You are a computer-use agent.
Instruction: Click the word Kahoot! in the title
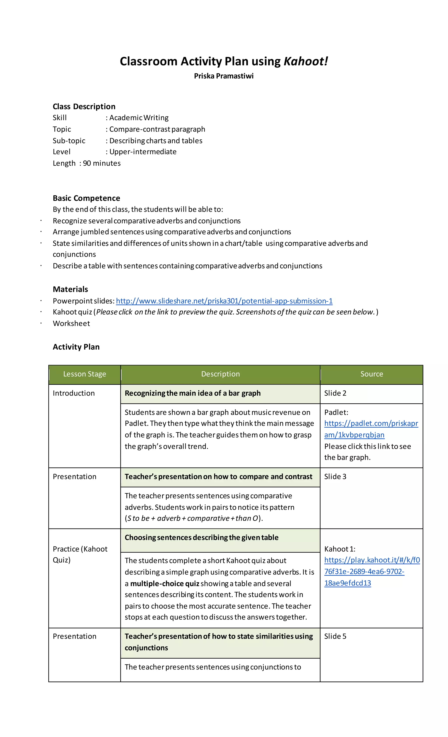tap(305, 61)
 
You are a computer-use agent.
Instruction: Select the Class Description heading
tap(84, 106)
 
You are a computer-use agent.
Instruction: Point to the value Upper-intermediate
tap(143, 152)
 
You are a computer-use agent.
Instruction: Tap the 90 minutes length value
tap(101, 163)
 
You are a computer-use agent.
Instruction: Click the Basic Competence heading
tap(86, 198)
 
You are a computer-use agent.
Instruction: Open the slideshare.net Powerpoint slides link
tap(224, 301)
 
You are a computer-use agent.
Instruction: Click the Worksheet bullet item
tap(71, 323)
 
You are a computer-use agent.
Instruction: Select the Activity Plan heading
tap(76, 347)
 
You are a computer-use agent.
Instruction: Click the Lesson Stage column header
tap(84, 374)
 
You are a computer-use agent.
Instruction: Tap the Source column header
tap(371, 374)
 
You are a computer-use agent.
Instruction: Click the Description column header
tap(220, 374)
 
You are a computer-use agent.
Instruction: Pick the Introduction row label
tap(74, 393)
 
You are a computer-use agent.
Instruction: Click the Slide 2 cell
tap(335, 393)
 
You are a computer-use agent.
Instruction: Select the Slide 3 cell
tap(335, 477)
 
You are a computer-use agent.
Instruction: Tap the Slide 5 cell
tap(335, 636)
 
